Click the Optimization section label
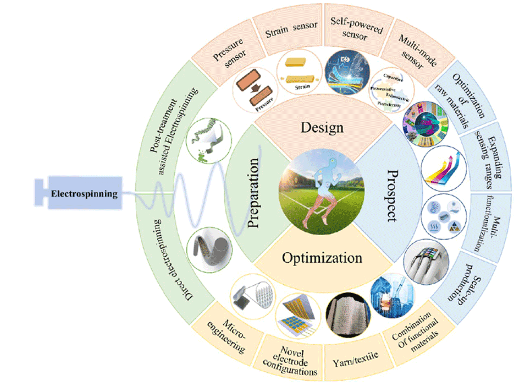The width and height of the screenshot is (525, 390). (322, 258)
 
